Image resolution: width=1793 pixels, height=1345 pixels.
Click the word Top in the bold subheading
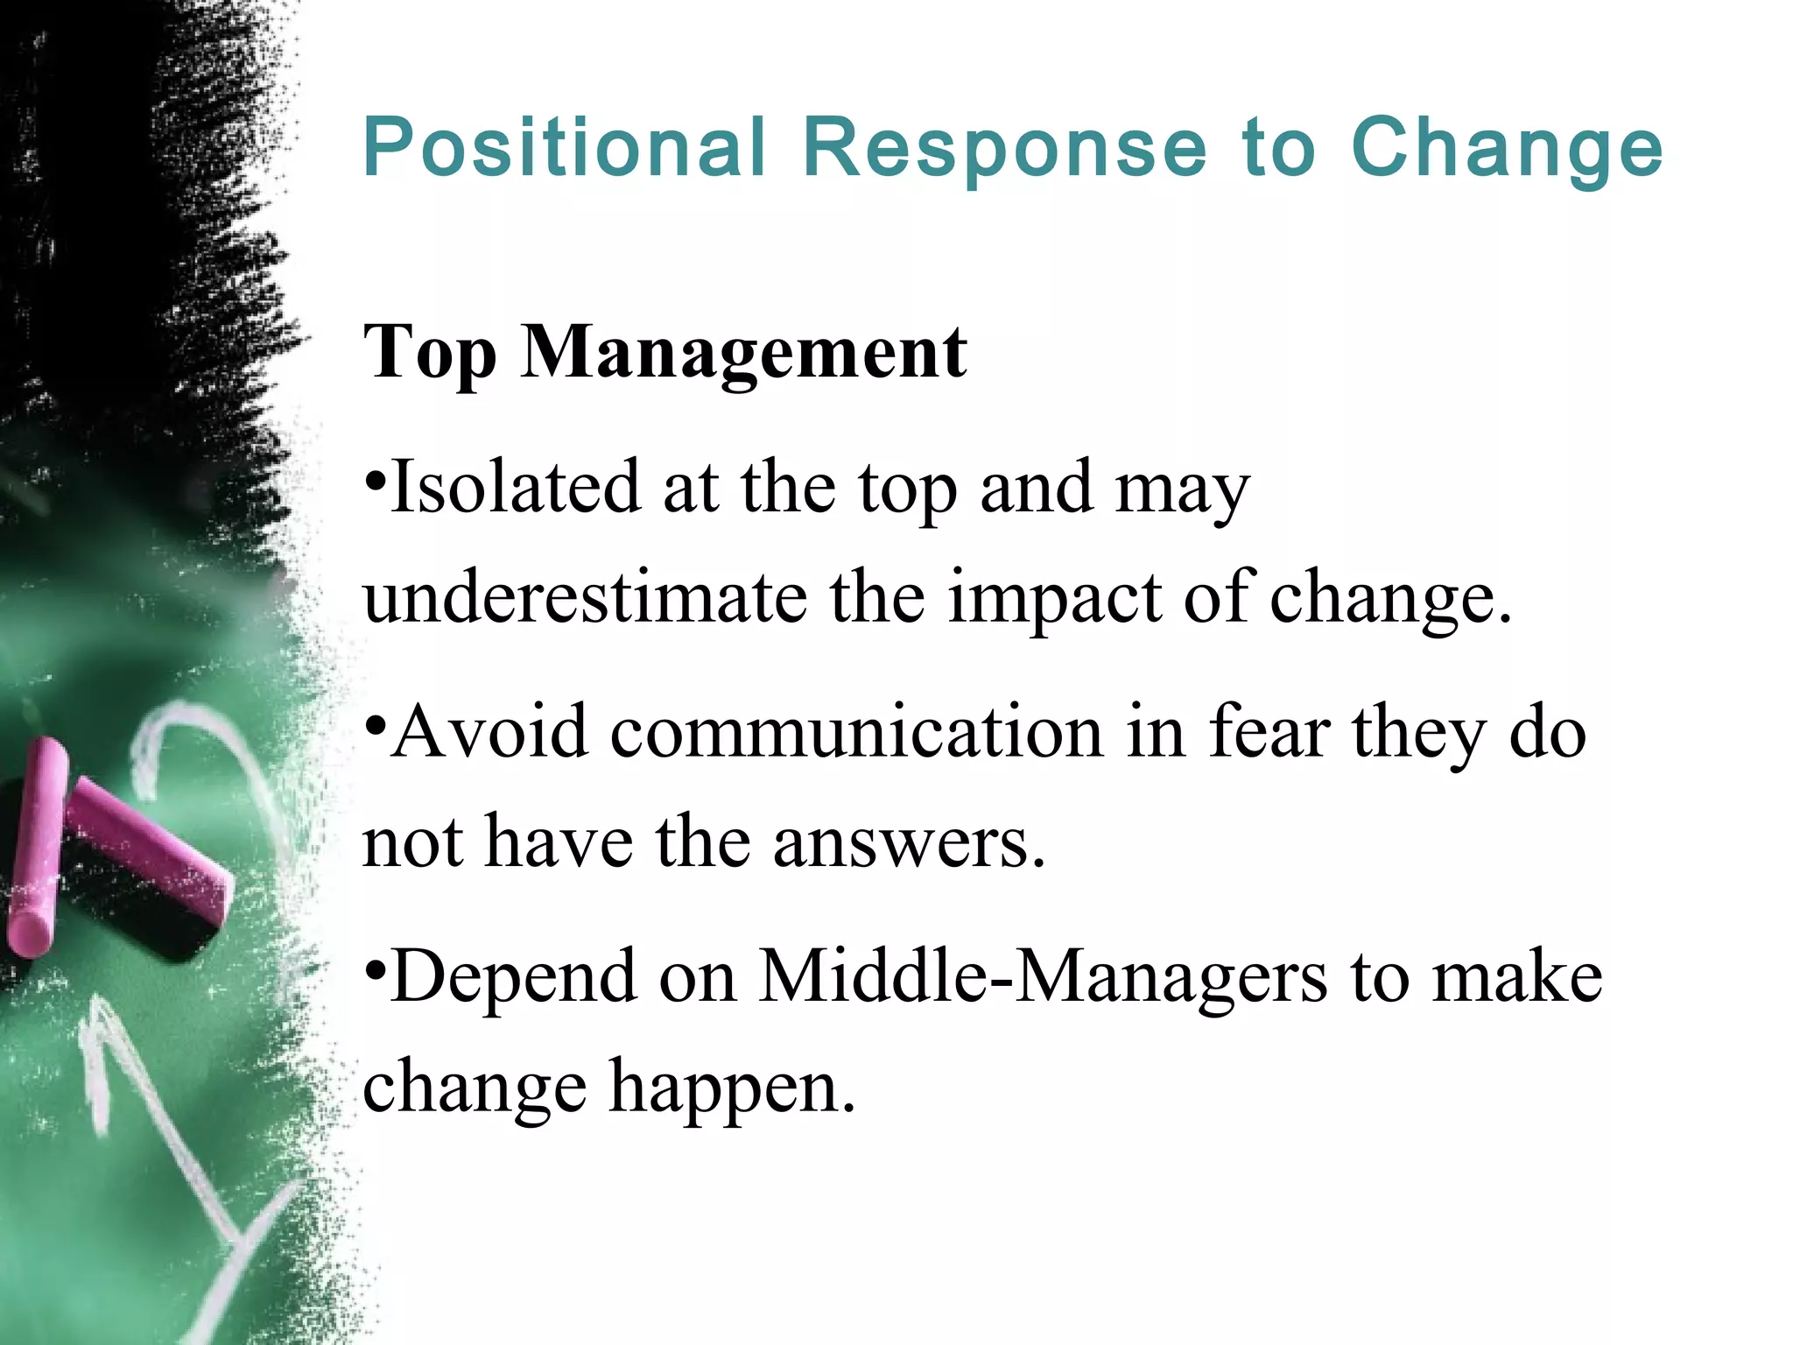[429, 352]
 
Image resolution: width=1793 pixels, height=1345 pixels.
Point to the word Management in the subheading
[744, 352]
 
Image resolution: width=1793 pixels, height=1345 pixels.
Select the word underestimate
[585, 597]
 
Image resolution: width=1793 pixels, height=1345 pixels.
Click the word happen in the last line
[732, 1087]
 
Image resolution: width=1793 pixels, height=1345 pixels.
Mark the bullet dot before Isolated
[375, 480]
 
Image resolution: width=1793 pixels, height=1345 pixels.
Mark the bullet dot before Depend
[375, 969]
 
